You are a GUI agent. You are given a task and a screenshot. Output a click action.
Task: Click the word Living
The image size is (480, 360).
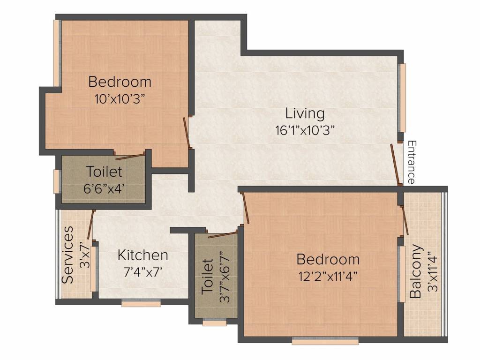pyautogui.click(x=305, y=114)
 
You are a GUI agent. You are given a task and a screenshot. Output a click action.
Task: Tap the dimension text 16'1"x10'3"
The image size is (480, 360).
pyautogui.click(x=305, y=130)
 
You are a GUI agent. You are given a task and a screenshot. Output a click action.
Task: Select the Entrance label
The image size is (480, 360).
pyautogui.click(x=412, y=162)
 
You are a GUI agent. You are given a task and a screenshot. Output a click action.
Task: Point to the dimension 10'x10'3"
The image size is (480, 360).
pyautogui.click(x=120, y=99)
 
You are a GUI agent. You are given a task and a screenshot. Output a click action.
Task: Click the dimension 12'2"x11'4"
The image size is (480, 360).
pyautogui.click(x=328, y=277)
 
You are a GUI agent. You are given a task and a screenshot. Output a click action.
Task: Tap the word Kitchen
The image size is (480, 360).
pyautogui.click(x=142, y=255)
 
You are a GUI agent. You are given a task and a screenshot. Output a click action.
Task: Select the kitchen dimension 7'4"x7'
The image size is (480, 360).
pyautogui.click(x=142, y=272)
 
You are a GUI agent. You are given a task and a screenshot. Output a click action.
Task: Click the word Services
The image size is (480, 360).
pyautogui.click(x=67, y=255)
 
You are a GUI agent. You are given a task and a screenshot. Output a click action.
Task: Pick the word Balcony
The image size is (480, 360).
pyautogui.click(x=416, y=271)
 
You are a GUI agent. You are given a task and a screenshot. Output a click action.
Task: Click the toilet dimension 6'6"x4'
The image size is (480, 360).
pyautogui.click(x=104, y=188)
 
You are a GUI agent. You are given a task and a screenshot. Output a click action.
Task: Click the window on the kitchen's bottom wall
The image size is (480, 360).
pyautogui.click(x=141, y=303)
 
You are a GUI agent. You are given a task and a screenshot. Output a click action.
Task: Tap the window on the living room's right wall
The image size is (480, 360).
pyautogui.click(x=402, y=98)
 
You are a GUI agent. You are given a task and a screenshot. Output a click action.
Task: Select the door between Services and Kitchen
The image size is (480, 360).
pyautogui.click(x=91, y=225)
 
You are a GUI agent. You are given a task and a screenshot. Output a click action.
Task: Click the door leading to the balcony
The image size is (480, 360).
pyautogui.click(x=405, y=220)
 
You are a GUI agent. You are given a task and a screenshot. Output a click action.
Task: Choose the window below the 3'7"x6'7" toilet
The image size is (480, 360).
pyautogui.click(x=215, y=322)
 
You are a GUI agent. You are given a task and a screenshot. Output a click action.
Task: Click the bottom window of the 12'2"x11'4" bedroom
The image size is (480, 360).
pyautogui.click(x=325, y=340)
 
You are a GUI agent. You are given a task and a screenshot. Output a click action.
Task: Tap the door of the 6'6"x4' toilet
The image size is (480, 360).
pyautogui.click(x=129, y=156)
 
